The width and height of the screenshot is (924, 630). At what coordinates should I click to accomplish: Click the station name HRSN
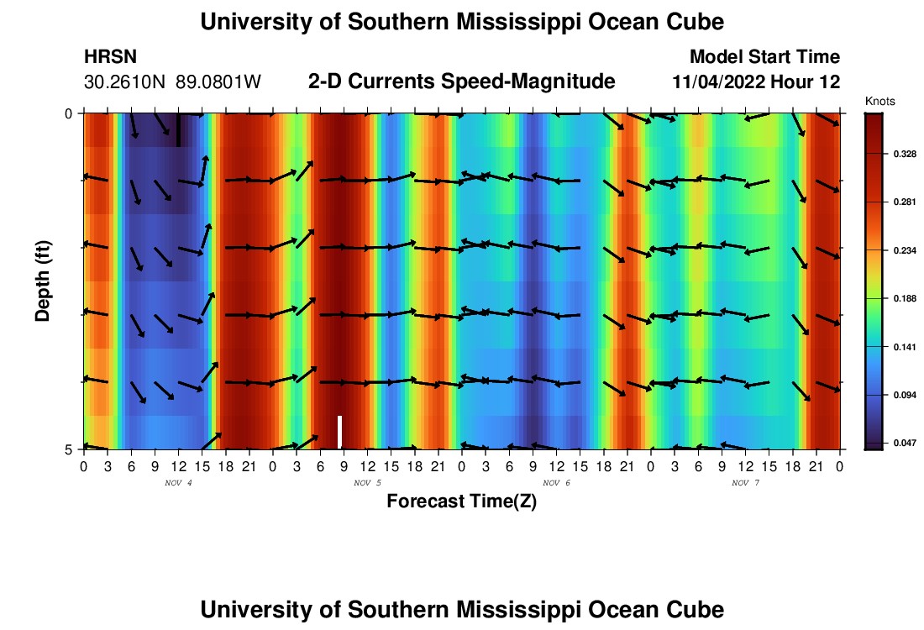pyautogui.click(x=111, y=57)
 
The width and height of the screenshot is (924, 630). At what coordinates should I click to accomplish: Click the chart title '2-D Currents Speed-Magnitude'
pyautogui.click(x=462, y=81)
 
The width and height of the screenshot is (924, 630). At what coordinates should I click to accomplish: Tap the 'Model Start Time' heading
pyautogui.click(x=764, y=57)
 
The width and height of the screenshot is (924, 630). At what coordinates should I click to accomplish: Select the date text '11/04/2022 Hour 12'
pyautogui.click(x=756, y=82)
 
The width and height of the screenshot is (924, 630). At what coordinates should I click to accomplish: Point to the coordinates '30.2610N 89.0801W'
pyautogui.click(x=173, y=82)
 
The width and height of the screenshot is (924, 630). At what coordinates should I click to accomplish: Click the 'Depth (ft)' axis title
pyautogui.click(x=43, y=281)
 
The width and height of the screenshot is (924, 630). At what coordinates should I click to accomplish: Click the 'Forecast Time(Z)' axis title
pyautogui.click(x=461, y=502)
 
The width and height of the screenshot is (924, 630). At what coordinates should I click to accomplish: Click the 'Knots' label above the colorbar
pyautogui.click(x=879, y=102)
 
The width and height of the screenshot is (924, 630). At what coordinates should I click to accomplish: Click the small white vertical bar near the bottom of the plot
pyautogui.click(x=339, y=432)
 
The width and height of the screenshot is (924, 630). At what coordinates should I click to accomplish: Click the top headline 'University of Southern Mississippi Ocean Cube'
pyautogui.click(x=462, y=22)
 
